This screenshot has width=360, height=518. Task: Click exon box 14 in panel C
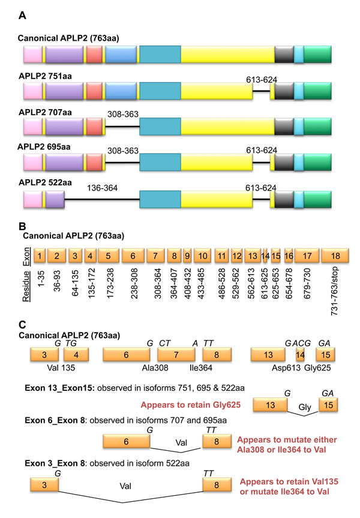(x=300, y=356)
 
